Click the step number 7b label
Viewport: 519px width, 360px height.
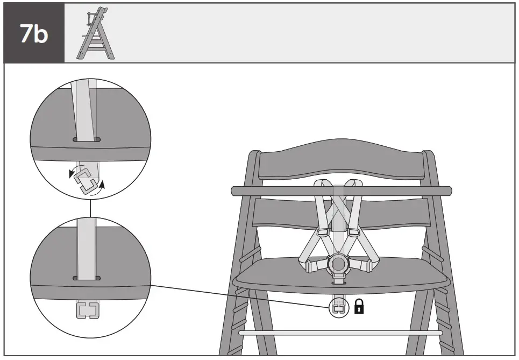(33, 33)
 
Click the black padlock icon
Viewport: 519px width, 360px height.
(359, 307)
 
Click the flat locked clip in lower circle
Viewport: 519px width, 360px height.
(87, 310)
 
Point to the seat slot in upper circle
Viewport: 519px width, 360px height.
(87, 139)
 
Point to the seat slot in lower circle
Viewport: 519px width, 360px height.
(87, 278)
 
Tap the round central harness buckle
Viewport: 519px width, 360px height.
(338, 263)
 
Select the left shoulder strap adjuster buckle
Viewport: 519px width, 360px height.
(323, 232)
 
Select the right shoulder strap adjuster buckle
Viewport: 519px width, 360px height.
(353, 232)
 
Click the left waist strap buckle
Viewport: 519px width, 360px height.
(310, 266)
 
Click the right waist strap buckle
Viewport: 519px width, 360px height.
(367, 265)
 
